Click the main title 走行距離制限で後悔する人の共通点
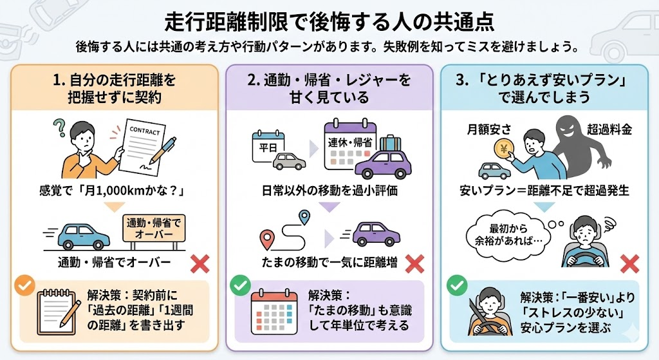[329, 21]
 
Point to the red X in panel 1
[201, 263]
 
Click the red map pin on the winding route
[266, 240]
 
